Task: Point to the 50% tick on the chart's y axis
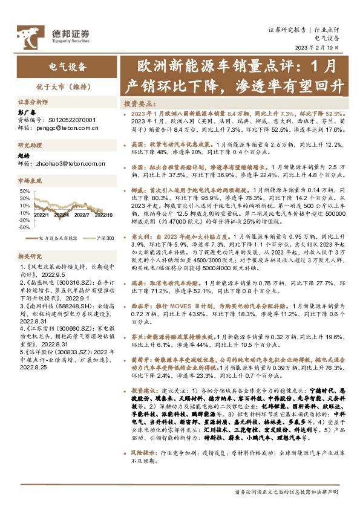tap(25, 190)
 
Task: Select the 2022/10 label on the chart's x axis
tap(103, 214)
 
